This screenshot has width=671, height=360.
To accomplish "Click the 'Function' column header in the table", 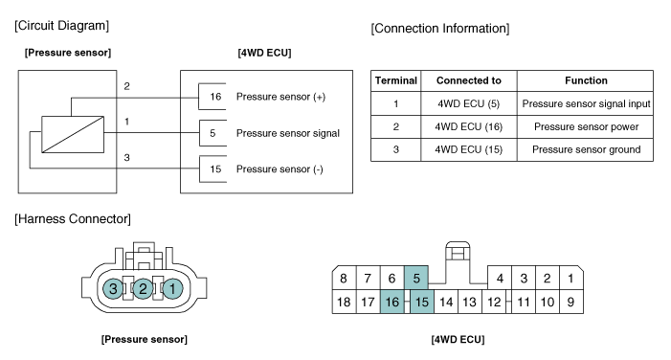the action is (586, 80).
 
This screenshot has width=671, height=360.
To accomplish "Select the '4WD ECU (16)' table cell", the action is (469, 126).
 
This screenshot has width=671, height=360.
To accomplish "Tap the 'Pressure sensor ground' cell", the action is (586, 149).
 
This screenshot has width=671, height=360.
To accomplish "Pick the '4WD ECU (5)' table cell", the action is (469, 103).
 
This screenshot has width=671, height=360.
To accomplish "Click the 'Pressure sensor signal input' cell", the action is (586, 103).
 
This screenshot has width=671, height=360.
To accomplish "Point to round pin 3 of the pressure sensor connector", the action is (113, 288).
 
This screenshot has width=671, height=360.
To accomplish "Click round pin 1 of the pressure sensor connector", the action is (172, 288).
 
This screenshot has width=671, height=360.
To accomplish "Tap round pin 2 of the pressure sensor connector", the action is (143, 288).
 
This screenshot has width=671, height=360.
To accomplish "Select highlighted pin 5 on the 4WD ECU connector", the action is (416, 278).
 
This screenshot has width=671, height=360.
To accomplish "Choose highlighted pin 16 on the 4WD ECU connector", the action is (392, 302).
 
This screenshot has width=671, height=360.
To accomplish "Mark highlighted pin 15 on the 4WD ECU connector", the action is (422, 302).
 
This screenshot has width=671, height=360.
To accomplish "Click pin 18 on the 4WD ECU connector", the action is (344, 302).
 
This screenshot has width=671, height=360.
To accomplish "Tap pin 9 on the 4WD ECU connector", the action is (570, 302).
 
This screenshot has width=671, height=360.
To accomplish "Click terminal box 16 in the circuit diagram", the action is (212, 97).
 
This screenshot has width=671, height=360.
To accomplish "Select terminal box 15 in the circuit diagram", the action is (213, 169).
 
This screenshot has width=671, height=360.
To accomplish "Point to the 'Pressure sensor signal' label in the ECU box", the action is (288, 133).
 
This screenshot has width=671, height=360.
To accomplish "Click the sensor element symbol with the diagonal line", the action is (73, 134).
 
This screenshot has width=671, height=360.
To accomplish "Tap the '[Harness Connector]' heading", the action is (73, 219).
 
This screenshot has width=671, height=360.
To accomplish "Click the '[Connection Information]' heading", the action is (440, 29).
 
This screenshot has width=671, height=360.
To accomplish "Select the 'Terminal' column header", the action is (396, 80).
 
